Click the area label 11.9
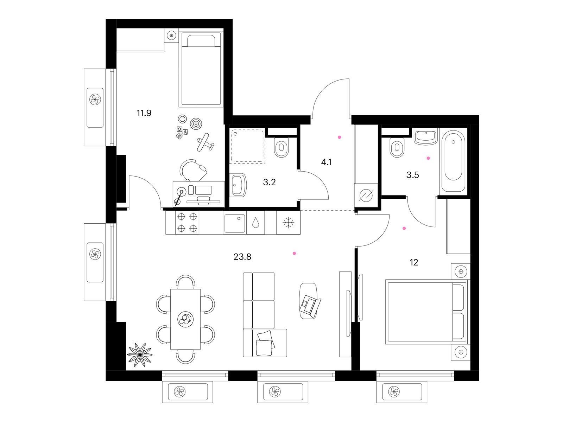(x=144, y=113)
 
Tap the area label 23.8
(x=242, y=256)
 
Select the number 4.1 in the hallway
(x=326, y=162)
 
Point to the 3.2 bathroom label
(x=269, y=182)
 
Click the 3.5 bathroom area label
(x=412, y=175)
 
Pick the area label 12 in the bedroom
(x=414, y=262)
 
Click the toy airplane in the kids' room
(x=205, y=142)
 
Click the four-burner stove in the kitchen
(x=187, y=222)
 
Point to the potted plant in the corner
(x=140, y=354)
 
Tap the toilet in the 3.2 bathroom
(x=281, y=147)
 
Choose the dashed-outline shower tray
(x=248, y=146)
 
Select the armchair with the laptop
(x=310, y=301)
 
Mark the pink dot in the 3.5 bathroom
(x=428, y=158)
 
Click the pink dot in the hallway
(x=339, y=138)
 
